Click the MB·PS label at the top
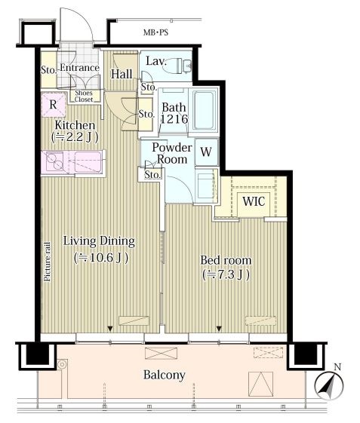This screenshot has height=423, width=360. pos(155,32)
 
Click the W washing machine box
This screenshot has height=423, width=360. pos(206,152)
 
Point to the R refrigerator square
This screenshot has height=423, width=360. pos(54,105)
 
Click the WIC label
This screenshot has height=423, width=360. pos(254,201)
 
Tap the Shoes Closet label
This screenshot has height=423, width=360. pos(84,96)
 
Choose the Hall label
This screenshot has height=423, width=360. pos(122,74)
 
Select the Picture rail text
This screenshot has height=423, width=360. pos(48,262)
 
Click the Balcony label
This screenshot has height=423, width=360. pos(165,375)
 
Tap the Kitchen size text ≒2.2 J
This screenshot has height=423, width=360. pos(75,137)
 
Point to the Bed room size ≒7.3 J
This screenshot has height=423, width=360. pos(226,274)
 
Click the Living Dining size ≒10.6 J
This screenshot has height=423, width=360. pos(101,258)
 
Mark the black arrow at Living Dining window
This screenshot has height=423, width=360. pos(110,329)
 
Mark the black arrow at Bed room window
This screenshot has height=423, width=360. pos(219,329)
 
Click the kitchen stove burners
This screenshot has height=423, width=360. pos(54,161)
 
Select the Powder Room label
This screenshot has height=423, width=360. pos(172,153)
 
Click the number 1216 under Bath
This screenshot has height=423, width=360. pos(174,118)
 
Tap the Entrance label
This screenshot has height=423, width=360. pos(79,67)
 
